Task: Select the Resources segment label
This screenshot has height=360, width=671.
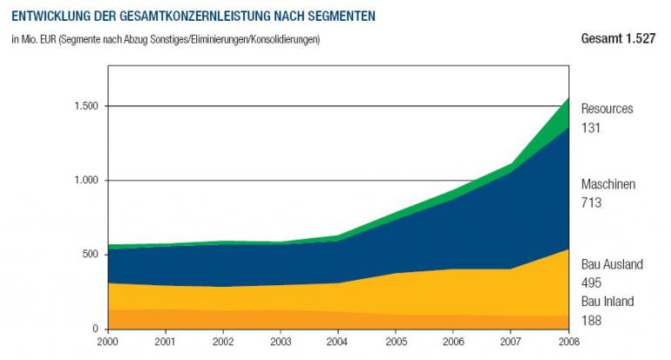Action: point(607,109)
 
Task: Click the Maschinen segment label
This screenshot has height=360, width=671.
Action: point(607,184)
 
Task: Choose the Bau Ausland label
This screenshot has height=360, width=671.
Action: point(612,264)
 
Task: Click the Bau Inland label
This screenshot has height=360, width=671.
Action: point(607,302)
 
